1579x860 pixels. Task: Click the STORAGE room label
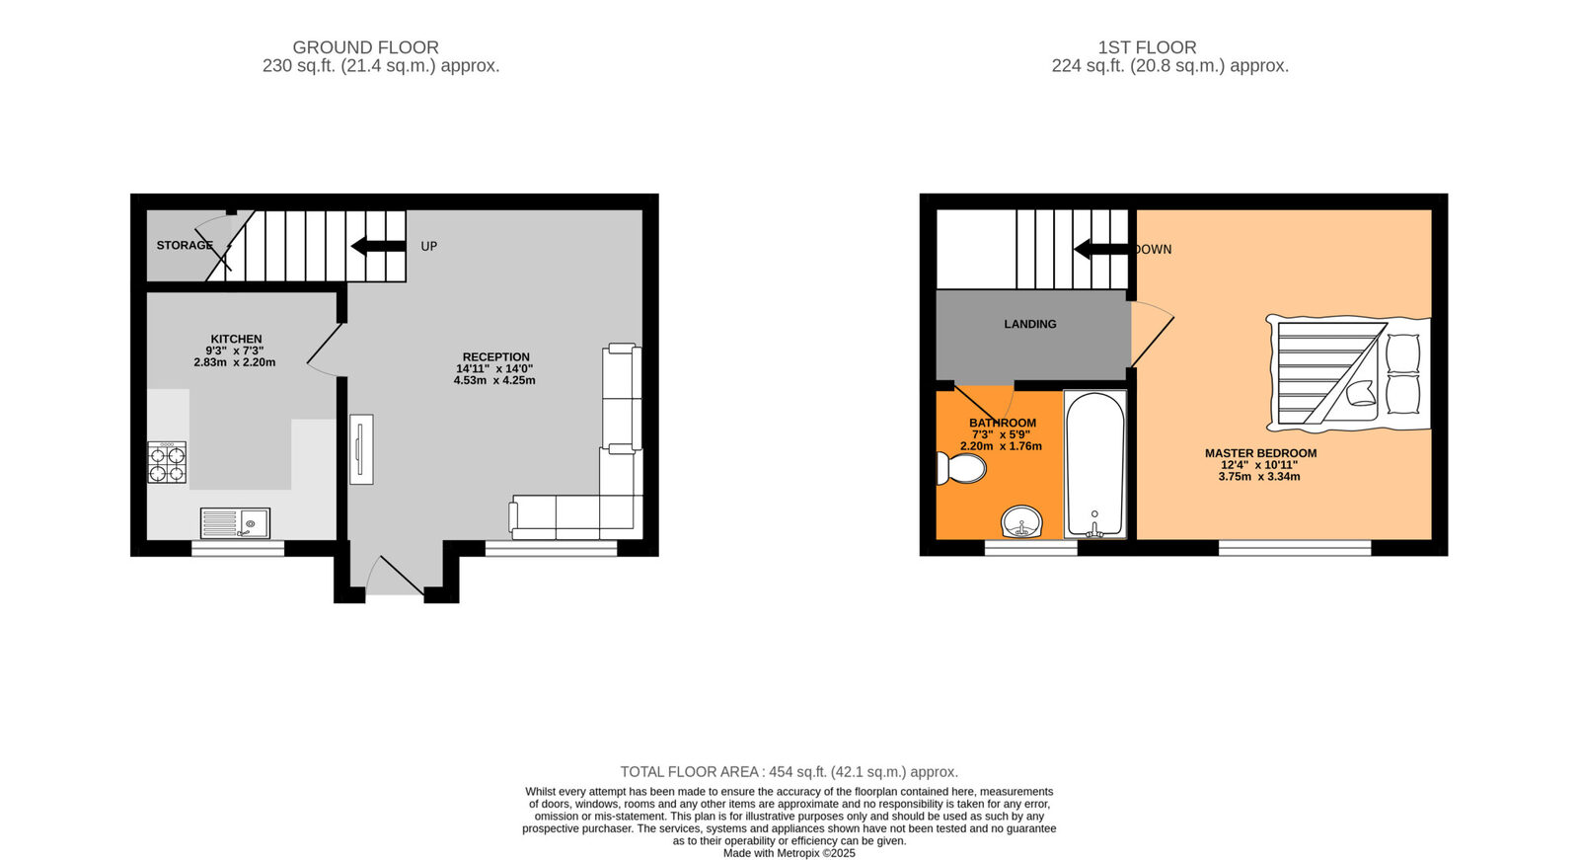(x=185, y=245)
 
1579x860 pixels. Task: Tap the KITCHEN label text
(x=236, y=339)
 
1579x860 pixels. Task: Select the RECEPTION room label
(x=495, y=356)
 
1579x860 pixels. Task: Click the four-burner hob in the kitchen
(x=167, y=463)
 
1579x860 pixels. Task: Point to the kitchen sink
(x=235, y=522)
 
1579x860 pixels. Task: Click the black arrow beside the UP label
(x=378, y=246)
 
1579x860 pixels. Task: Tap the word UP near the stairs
(x=428, y=246)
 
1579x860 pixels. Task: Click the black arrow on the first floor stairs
(x=1100, y=249)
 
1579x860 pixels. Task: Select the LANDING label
(x=1029, y=324)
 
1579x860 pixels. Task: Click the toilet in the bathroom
(x=959, y=468)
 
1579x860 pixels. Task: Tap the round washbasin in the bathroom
(x=1021, y=521)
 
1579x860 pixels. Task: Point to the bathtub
(x=1094, y=463)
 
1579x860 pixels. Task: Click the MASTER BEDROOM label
(x=1260, y=453)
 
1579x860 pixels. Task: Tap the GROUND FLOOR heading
(x=365, y=47)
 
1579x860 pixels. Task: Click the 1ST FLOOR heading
(x=1147, y=47)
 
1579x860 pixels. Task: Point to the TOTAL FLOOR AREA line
(x=789, y=772)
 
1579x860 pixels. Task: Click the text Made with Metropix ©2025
(x=789, y=853)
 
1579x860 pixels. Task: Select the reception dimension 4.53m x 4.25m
(x=494, y=380)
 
